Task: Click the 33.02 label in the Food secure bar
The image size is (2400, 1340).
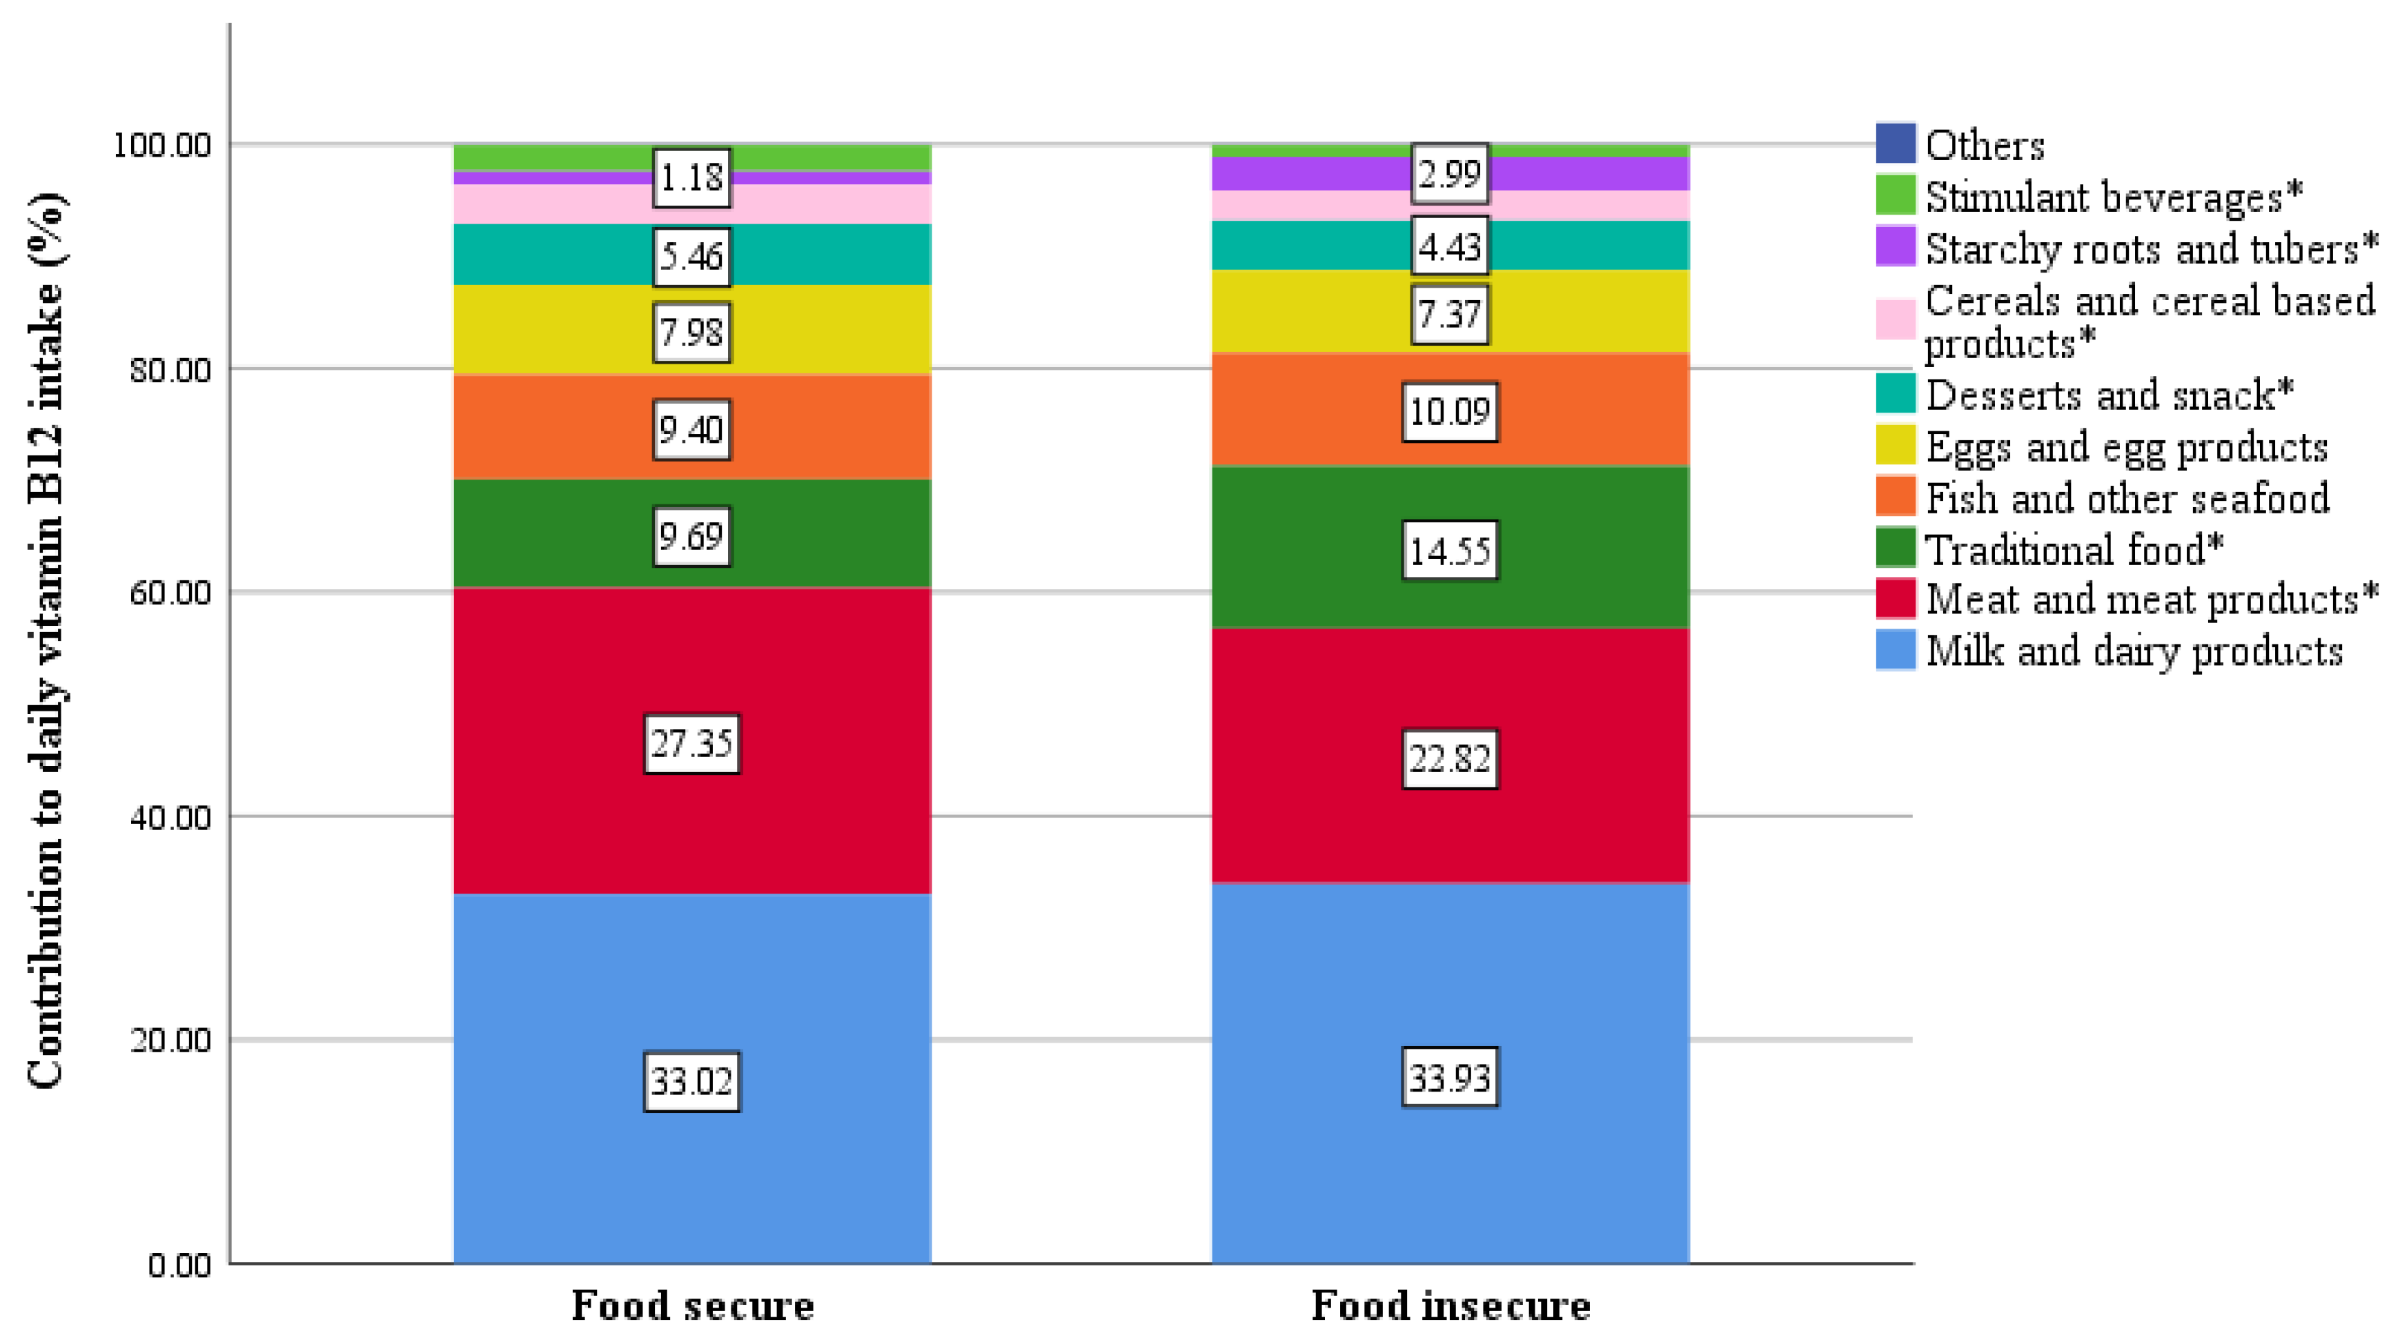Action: (691, 1081)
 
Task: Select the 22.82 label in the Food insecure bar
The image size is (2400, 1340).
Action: (1450, 758)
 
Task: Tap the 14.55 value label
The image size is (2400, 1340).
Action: (1450, 551)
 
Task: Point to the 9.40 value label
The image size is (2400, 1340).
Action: (691, 430)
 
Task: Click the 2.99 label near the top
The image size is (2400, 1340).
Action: (1450, 173)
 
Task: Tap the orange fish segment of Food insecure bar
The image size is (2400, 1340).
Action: (1304, 410)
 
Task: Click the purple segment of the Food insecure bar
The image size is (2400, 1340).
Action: (1304, 173)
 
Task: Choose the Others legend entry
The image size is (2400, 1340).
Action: (1985, 146)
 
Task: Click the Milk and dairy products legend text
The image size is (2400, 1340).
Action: (2134, 651)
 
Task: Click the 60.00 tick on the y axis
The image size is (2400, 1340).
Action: (170, 593)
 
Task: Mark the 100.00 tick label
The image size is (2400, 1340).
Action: (162, 146)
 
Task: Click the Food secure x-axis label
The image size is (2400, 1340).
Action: (692, 1305)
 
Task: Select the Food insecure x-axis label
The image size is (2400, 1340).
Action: (1450, 1305)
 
